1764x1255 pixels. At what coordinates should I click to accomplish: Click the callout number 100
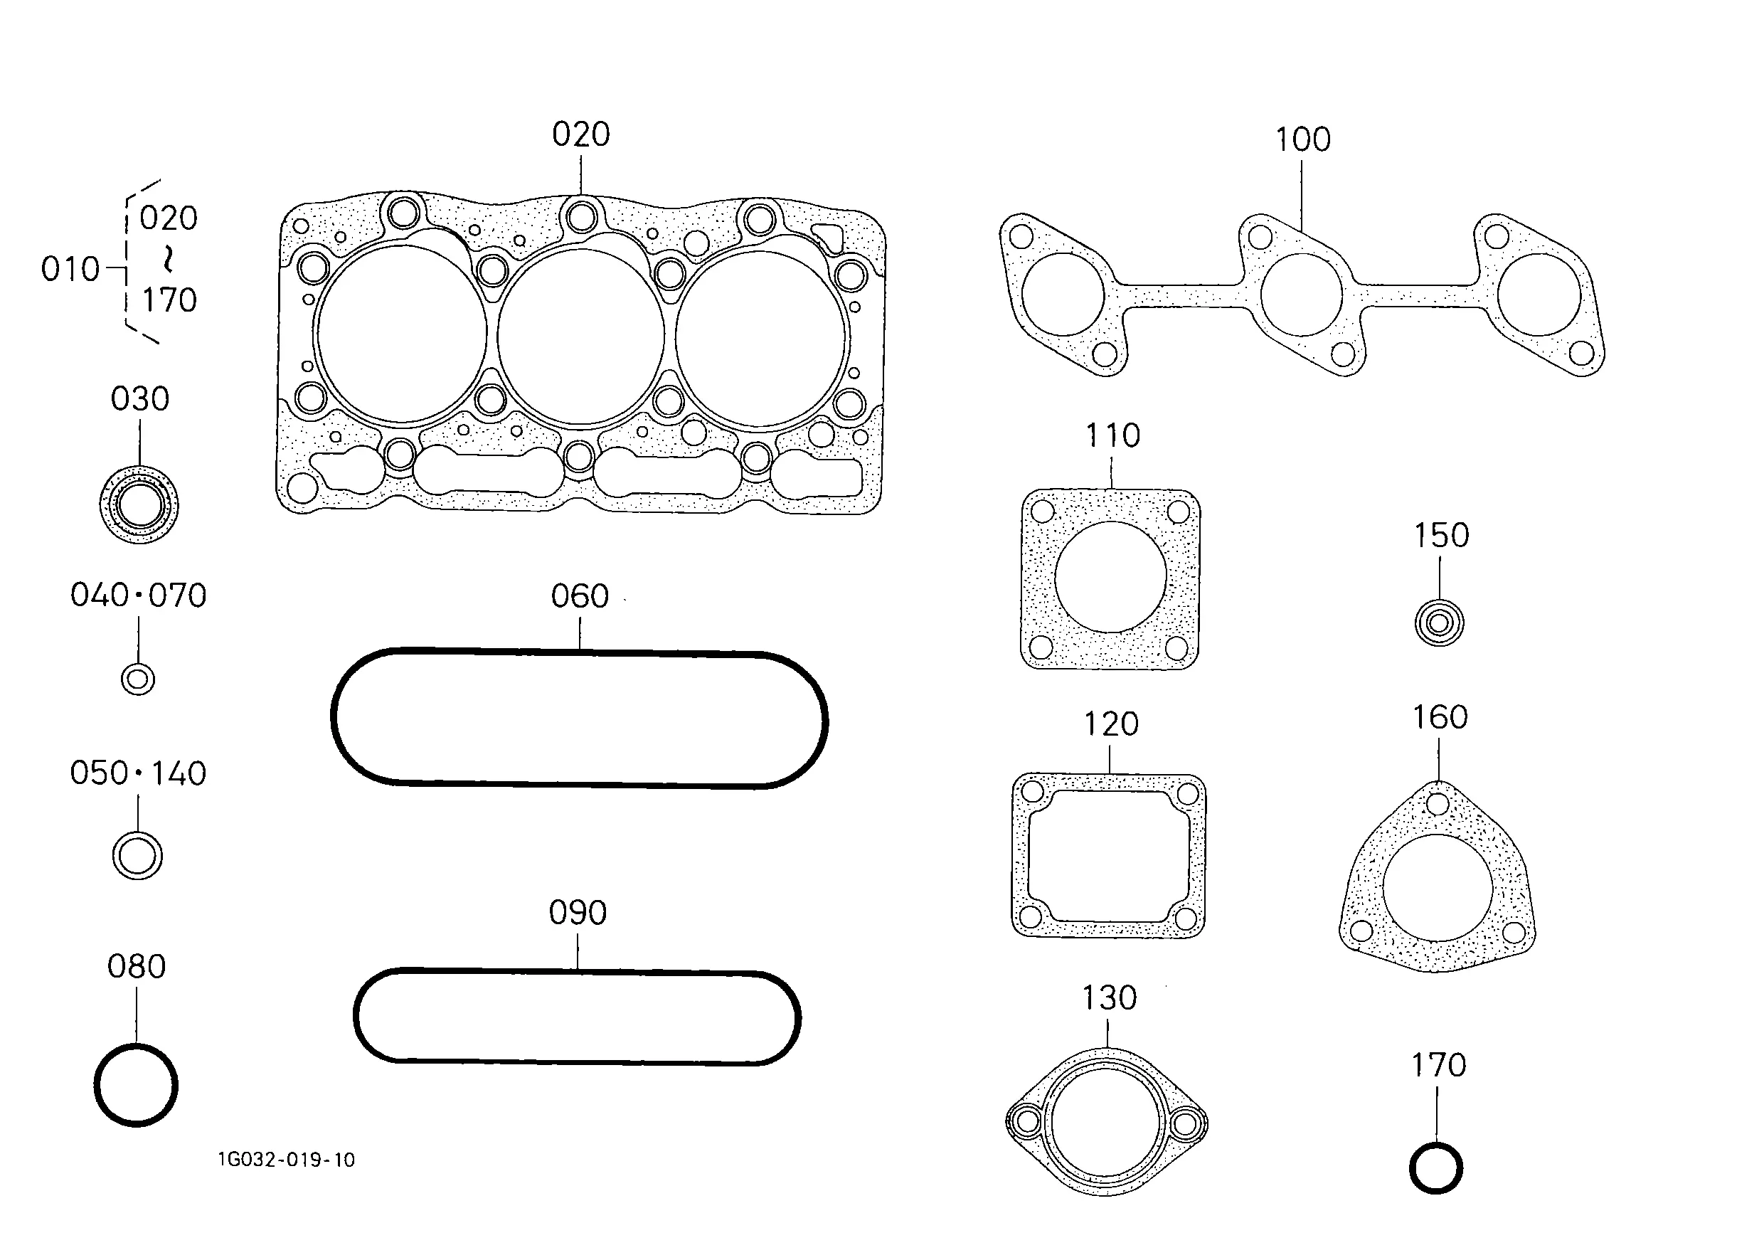coord(1302,140)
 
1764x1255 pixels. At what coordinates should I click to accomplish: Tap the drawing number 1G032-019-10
coord(287,1159)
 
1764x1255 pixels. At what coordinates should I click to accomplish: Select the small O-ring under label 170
coord(1435,1168)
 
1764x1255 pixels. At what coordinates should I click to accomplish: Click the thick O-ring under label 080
coord(136,1085)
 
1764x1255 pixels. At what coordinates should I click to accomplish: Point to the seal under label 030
coord(139,504)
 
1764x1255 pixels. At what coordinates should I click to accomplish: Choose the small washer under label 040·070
coord(138,679)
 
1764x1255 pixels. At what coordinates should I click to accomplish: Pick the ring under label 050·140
coord(137,857)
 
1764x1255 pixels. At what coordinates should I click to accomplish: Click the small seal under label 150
coord(1439,622)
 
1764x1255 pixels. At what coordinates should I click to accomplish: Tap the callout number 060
coord(580,597)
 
